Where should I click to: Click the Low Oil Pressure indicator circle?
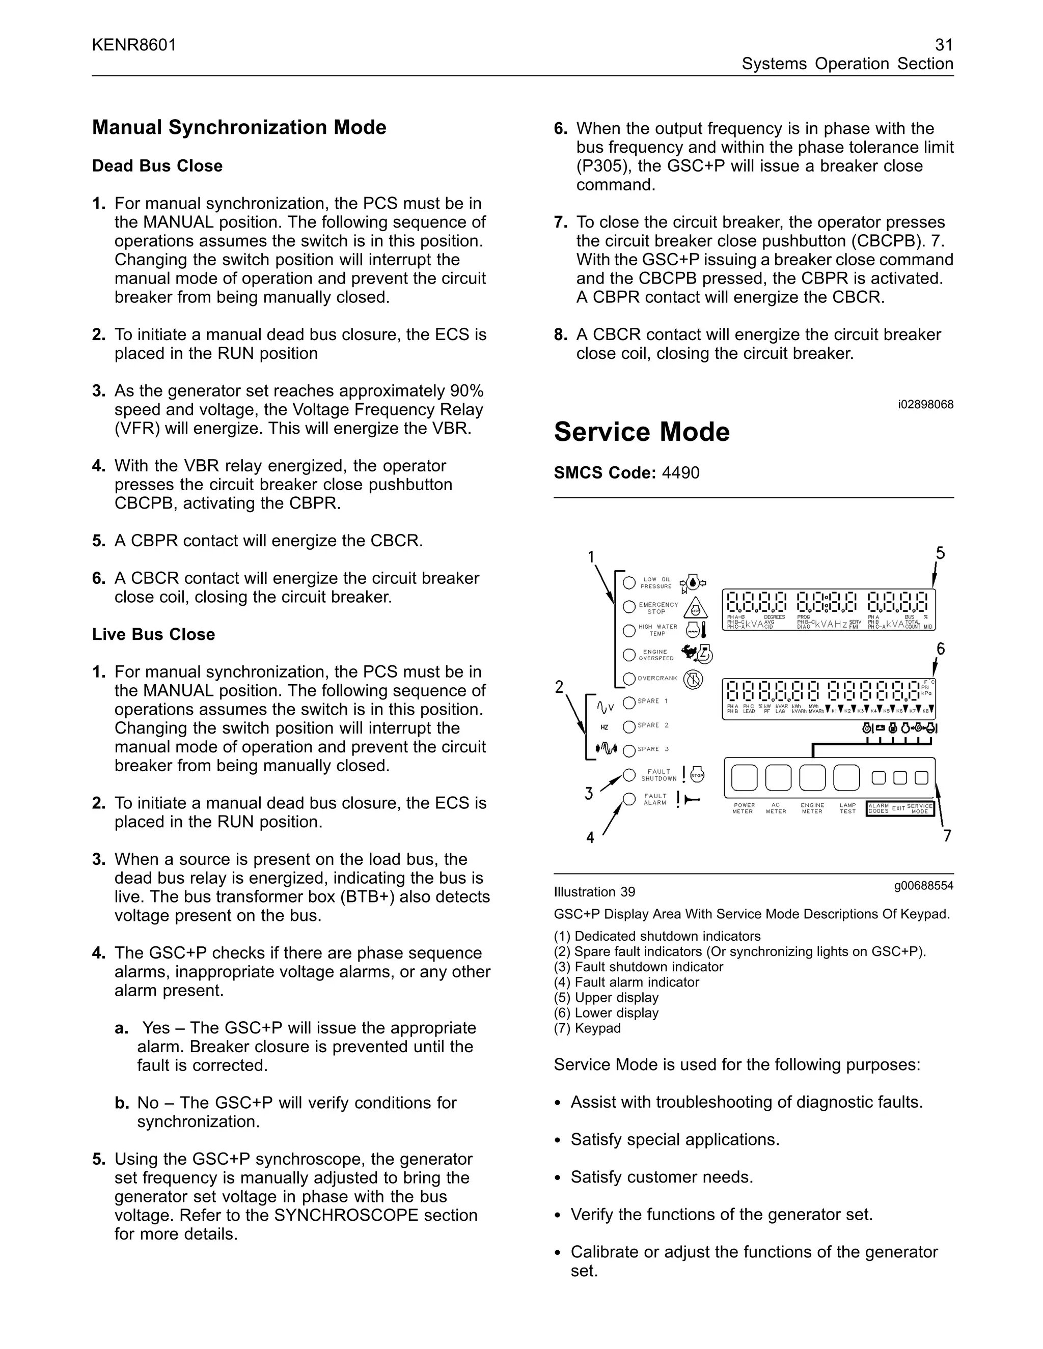[629, 582]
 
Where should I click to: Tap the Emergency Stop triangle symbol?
[696, 608]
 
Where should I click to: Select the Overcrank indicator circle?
[629, 679]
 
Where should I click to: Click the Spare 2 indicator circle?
[629, 726]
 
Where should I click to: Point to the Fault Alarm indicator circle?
[629, 799]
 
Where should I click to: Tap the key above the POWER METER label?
[744, 778]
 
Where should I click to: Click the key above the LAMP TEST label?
[846, 778]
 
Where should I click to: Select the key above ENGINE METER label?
[812, 778]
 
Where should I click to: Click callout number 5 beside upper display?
[940, 553]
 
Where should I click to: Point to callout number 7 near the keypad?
[947, 836]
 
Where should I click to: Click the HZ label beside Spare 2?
[605, 727]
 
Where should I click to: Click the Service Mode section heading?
[641, 432]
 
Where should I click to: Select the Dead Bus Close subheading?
[157, 165]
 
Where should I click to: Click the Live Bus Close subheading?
[153, 634]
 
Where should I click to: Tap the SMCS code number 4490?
[680, 472]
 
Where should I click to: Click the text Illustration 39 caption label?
[594, 892]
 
